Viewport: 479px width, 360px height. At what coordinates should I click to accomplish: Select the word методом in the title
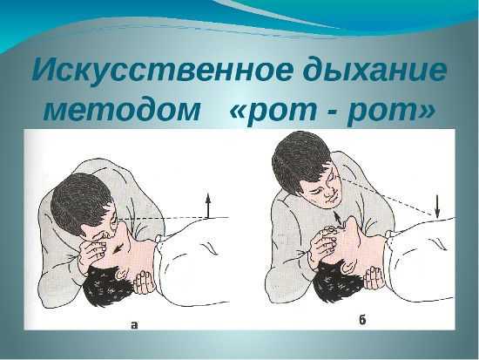(122, 110)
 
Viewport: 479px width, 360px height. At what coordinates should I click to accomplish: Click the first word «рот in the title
(273, 111)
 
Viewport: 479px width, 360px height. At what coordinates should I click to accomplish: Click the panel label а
(134, 324)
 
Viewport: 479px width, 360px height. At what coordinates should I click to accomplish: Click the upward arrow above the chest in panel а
(208, 205)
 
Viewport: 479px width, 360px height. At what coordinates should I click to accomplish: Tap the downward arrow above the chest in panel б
(437, 207)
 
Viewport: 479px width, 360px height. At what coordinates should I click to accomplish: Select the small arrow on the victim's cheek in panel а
(117, 248)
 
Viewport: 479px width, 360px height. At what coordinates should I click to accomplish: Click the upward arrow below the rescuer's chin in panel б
(337, 218)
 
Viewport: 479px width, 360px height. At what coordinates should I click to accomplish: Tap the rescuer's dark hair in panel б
(301, 161)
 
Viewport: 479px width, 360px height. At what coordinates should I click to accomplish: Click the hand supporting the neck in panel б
(374, 277)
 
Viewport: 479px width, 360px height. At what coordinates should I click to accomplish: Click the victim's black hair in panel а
(107, 286)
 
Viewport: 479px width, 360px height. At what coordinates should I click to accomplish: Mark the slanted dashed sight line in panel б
(388, 197)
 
